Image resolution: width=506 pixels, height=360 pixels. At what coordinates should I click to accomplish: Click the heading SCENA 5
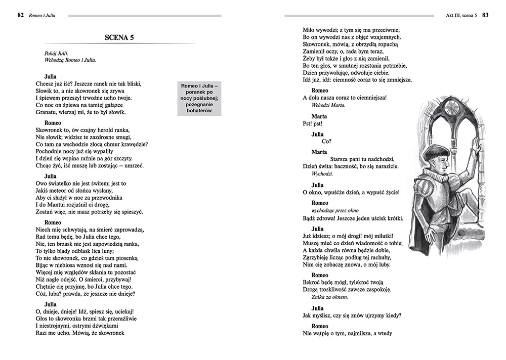[119, 38]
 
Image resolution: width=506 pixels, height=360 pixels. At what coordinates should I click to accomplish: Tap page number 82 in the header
[21, 15]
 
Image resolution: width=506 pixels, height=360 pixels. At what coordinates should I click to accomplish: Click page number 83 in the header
[485, 15]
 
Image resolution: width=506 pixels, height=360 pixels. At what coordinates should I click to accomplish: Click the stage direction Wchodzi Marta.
[328, 105]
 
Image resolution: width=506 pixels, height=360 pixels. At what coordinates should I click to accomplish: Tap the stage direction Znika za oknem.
[329, 297]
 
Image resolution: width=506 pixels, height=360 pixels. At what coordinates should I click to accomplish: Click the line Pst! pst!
[312, 124]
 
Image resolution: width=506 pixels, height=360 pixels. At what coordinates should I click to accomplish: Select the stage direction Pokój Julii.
[56, 53]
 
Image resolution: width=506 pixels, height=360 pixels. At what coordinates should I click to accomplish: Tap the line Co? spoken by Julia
[326, 142]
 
